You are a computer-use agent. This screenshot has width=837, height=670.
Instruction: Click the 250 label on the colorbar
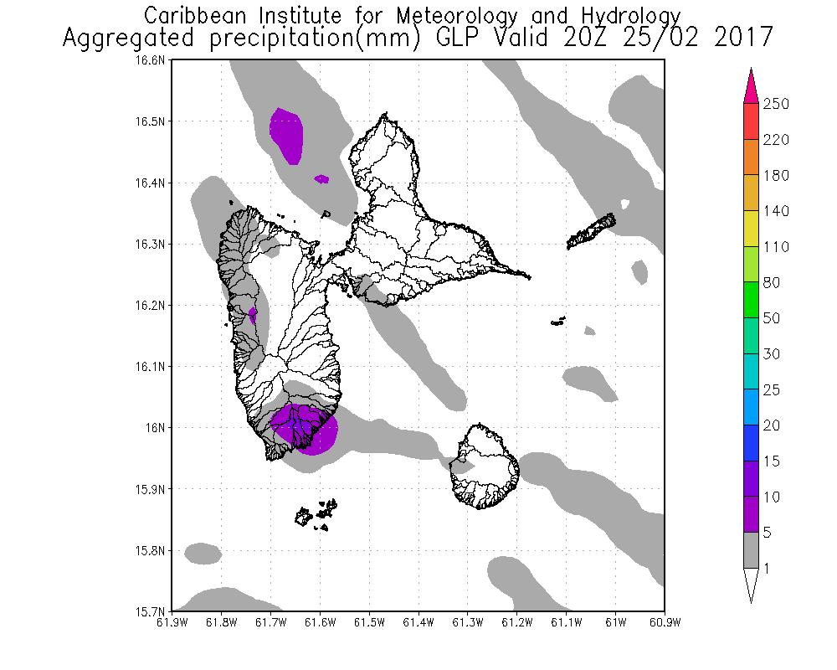point(778,104)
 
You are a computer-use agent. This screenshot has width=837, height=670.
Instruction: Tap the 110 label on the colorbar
point(778,247)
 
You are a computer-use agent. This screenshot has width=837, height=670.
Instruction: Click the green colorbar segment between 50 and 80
point(751,301)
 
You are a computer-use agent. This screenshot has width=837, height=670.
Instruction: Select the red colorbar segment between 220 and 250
point(751,121)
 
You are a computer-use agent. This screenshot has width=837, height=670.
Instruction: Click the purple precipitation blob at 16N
point(305,429)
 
